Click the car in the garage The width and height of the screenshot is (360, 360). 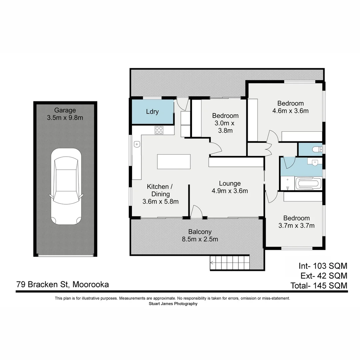[x=66, y=186]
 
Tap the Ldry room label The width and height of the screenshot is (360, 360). [x=152, y=112]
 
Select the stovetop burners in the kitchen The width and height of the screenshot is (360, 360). [x=159, y=130]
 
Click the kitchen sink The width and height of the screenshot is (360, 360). [x=137, y=144]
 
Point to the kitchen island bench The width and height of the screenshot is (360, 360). [x=174, y=162]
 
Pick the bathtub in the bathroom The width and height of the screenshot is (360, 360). [x=308, y=183]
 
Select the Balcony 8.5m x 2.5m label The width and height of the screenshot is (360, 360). [x=200, y=235]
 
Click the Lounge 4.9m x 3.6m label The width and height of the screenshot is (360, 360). [x=230, y=187]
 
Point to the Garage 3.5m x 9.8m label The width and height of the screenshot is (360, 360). [x=65, y=114]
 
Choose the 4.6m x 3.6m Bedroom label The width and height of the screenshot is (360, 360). [x=290, y=107]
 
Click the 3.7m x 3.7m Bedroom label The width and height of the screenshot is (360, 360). [x=296, y=222]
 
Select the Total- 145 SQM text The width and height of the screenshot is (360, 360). [x=319, y=286]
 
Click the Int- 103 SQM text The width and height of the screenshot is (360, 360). [x=323, y=266]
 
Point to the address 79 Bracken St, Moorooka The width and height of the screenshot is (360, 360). [x=62, y=285]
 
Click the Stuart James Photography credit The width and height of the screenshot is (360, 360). [x=173, y=304]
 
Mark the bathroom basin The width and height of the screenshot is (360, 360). [x=314, y=162]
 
